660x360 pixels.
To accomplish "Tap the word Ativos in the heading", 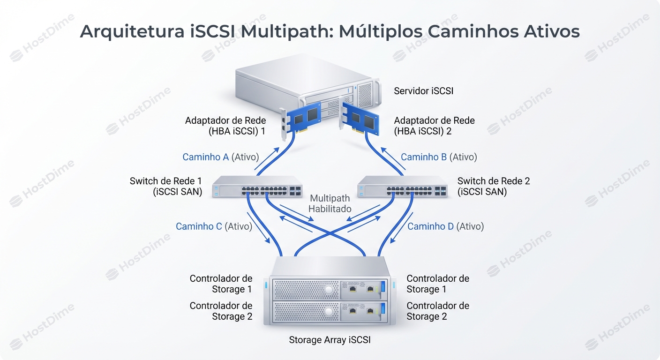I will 549,31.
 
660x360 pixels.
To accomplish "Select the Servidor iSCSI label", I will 423,91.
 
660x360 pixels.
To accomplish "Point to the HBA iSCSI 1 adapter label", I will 225,126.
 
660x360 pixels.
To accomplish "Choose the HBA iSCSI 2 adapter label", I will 434,126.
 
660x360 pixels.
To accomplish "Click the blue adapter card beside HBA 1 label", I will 302,120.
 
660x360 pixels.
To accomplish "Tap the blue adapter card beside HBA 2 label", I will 361,120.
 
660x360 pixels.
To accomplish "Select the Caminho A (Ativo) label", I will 220,157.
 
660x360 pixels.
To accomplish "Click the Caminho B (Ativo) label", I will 439,157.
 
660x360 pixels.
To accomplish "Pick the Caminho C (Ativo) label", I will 214,226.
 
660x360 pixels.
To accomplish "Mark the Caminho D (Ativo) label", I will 445,226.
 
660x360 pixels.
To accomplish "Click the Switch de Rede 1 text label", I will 166,186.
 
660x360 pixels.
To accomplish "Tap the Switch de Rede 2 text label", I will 494,186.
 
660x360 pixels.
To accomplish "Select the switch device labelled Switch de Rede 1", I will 257,187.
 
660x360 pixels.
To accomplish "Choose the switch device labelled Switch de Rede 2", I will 402,187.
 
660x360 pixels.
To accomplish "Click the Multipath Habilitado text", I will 330,203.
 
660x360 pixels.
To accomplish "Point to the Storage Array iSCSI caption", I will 330,340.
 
